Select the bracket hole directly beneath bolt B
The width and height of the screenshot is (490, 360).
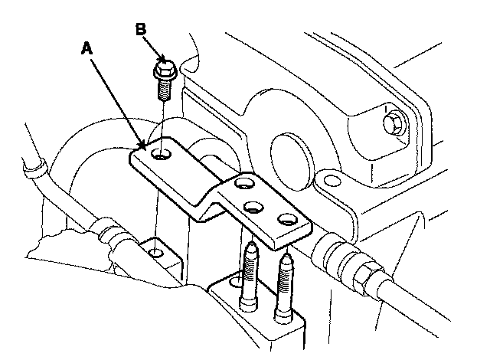pyautogui.click(x=162, y=155)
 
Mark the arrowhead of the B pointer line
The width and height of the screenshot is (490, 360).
pyautogui.click(x=162, y=60)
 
